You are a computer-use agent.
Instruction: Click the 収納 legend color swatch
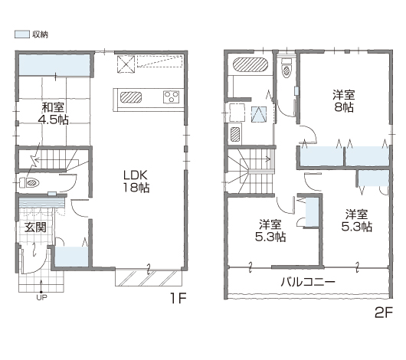(22, 34)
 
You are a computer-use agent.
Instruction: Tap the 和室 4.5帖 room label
(54, 113)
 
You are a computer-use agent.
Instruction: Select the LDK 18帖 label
(136, 182)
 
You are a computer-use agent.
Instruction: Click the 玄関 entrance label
(35, 227)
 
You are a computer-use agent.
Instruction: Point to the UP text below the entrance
(41, 298)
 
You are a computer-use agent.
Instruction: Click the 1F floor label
(178, 298)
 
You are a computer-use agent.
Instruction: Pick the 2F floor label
(384, 313)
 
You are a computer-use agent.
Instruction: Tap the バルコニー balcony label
(308, 282)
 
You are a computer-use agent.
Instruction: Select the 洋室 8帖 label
(344, 101)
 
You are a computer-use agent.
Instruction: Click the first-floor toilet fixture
(30, 183)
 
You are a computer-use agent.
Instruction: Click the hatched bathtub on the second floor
(250, 64)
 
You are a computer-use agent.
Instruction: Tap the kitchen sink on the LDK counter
(131, 97)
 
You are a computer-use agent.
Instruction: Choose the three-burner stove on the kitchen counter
(171, 97)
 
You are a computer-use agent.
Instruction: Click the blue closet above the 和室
(54, 65)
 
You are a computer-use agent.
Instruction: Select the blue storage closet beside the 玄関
(72, 257)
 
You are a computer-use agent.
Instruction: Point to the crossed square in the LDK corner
(126, 64)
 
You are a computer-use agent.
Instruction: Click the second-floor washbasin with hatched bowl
(235, 133)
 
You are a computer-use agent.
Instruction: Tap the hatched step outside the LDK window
(149, 278)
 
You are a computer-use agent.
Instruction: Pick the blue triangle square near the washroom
(259, 114)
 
